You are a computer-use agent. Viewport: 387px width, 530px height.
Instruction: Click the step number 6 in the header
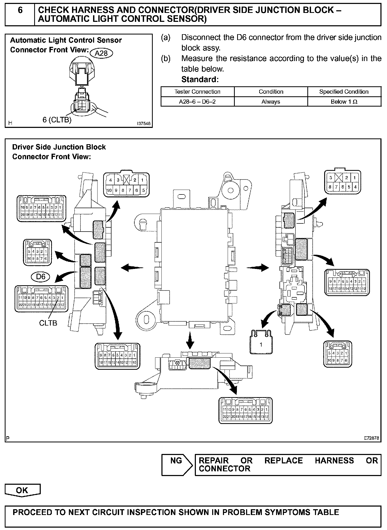[x=20, y=11]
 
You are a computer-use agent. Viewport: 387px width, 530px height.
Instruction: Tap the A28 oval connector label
[x=101, y=53]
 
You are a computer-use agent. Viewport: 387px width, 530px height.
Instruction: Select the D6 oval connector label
[x=41, y=277]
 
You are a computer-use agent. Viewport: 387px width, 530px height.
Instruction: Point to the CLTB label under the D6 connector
[x=48, y=323]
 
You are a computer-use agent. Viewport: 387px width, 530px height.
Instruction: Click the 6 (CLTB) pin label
[x=57, y=120]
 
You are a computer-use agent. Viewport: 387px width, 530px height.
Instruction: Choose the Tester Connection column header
[x=197, y=92]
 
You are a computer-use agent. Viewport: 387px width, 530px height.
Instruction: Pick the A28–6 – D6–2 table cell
[x=197, y=102]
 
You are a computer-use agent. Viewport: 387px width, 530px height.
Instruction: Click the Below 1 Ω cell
[x=344, y=102]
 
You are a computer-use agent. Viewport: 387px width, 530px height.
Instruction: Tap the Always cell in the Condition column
[x=271, y=102]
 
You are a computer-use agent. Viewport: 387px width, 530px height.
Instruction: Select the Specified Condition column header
[x=344, y=92]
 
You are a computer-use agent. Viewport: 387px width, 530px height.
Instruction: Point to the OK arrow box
[x=22, y=490]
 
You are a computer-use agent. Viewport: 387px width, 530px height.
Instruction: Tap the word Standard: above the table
[x=200, y=79]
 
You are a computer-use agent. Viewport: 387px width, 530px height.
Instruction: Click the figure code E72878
[x=371, y=438]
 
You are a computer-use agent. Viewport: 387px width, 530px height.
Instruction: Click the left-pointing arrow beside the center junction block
[x=132, y=268]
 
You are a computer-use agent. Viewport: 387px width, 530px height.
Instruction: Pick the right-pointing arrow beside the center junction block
[x=258, y=268]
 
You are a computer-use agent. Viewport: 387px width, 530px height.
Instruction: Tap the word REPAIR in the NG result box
[x=214, y=461]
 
